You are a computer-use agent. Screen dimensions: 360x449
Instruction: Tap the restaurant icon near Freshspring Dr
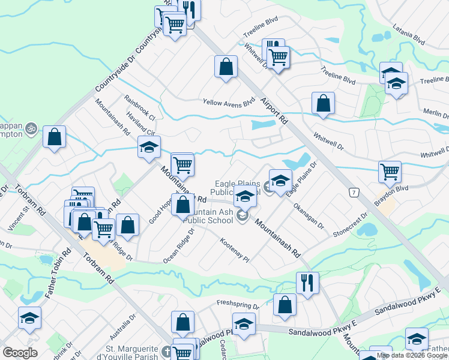(307, 283)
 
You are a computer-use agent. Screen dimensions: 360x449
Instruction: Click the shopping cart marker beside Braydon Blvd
(390, 172)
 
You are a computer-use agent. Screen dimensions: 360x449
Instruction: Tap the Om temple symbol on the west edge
(32, 128)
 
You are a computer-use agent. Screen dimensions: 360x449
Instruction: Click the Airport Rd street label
(276, 110)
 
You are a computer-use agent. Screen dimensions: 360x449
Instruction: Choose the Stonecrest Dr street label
(351, 224)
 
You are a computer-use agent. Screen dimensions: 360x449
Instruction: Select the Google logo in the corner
(20, 353)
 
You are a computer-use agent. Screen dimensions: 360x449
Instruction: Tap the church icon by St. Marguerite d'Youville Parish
(166, 354)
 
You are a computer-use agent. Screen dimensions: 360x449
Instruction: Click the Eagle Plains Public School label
(238, 188)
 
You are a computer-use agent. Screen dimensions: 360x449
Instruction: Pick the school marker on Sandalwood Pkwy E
(244, 325)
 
